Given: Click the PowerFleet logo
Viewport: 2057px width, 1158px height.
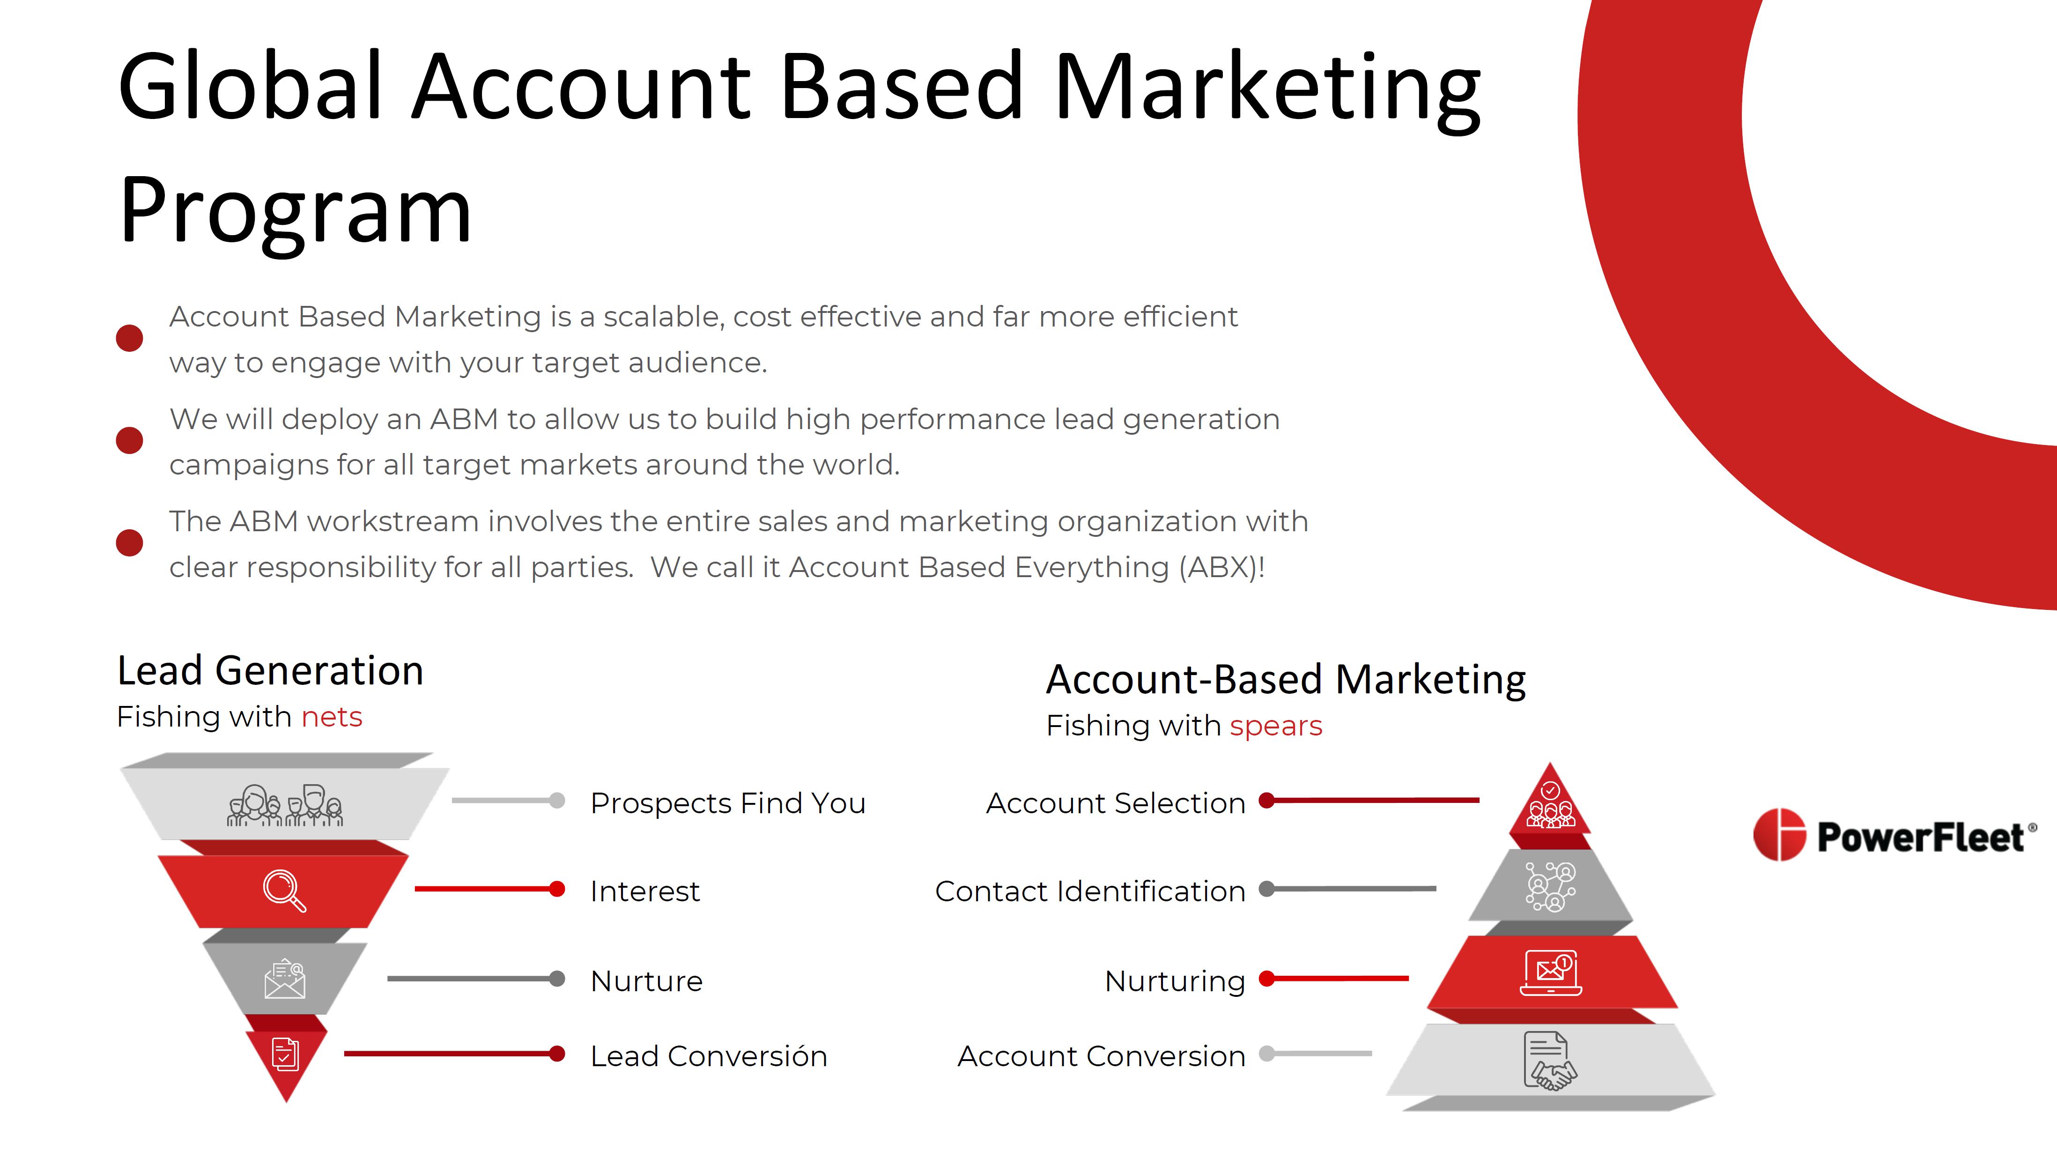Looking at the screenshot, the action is click(x=1894, y=835).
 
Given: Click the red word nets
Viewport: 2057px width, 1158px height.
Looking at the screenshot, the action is click(x=332, y=717).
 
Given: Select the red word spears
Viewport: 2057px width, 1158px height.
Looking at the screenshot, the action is click(x=1276, y=727).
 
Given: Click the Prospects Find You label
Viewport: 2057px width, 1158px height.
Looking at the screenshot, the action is click(x=727, y=802).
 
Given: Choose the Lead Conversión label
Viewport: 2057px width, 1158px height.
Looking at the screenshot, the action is click(x=708, y=1056).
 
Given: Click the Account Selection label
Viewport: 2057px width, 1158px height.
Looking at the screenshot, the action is click(x=1116, y=802).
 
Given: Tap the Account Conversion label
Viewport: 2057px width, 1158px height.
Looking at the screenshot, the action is click(x=1101, y=1056).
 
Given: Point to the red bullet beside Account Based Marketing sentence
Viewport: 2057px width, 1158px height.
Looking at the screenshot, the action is click(x=129, y=338).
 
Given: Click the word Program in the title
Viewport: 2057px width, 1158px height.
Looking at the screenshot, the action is click(x=296, y=212).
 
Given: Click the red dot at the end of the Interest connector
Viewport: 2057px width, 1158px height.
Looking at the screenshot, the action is click(x=557, y=889).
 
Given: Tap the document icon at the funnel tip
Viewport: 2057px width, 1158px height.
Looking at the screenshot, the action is click(x=285, y=1054).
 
